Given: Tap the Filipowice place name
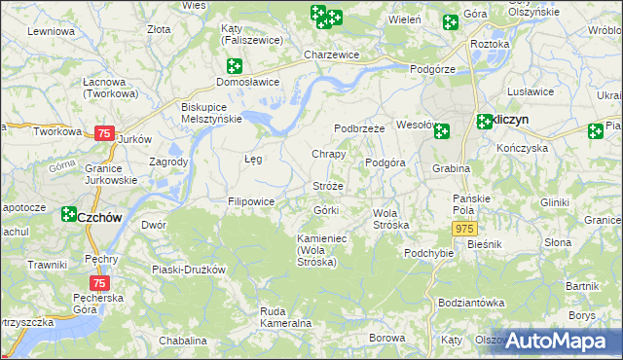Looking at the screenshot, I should pyautogui.click(x=251, y=201).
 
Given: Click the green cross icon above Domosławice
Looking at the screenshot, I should pyautogui.click(x=234, y=66).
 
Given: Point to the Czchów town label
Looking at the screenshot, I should pyautogui.click(x=99, y=218).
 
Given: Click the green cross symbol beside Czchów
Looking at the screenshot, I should pyautogui.click(x=69, y=214).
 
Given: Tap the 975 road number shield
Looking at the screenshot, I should pyautogui.click(x=463, y=227).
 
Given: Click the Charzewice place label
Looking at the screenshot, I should pyautogui.click(x=331, y=55).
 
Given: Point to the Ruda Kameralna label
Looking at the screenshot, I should pyautogui.click(x=285, y=317).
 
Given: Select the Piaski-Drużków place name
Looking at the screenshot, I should pyautogui.click(x=189, y=269).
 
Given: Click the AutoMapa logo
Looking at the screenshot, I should pyautogui.click(x=559, y=341).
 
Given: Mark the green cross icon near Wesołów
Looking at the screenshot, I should pyautogui.click(x=441, y=131).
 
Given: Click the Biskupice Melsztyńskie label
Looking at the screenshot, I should pyautogui.click(x=211, y=112).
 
